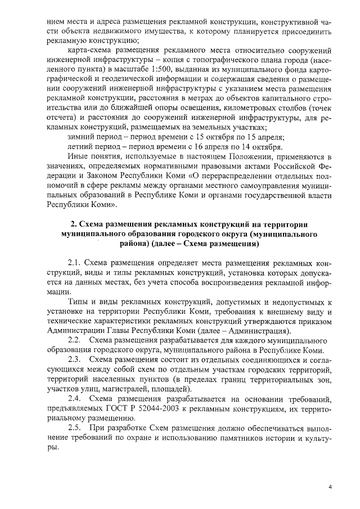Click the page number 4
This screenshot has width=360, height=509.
pyautogui.click(x=331, y=487)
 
